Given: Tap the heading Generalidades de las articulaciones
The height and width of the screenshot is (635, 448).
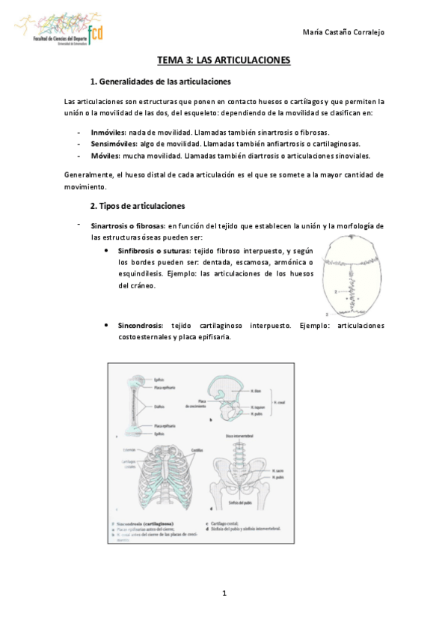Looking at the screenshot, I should coord(165,81).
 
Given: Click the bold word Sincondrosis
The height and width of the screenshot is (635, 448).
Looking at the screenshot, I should coord(140,326).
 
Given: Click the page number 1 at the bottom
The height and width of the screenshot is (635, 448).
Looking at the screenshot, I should coord(224,595).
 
